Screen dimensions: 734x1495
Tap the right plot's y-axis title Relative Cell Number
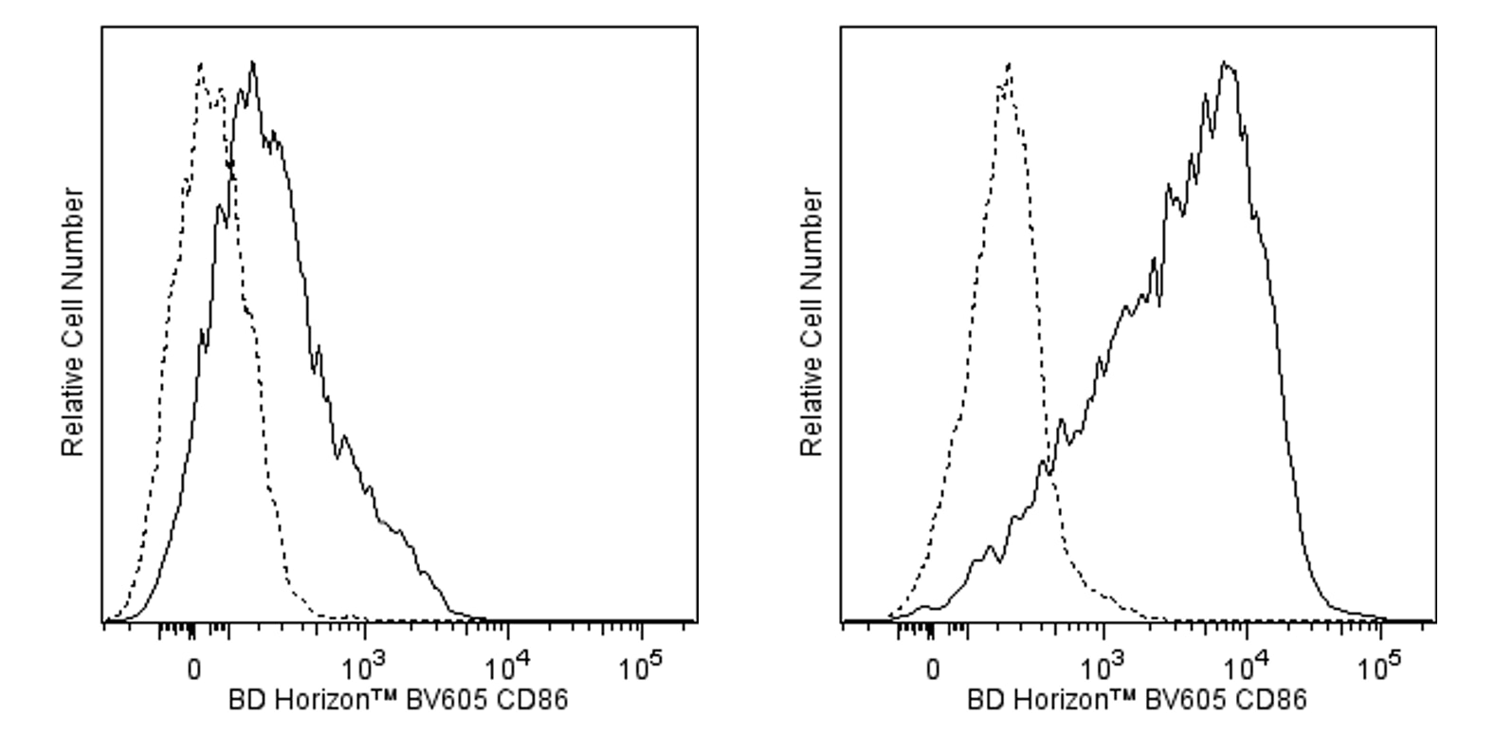pyautogui.click(x=812, y=322)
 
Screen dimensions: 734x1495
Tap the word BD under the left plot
pyautogui.click(x=243, y=702)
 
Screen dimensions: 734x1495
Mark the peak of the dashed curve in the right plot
pyautogui.click(x=1009, y=64)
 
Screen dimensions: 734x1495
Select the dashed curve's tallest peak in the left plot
pyautogui.click(x=201, y=64)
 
